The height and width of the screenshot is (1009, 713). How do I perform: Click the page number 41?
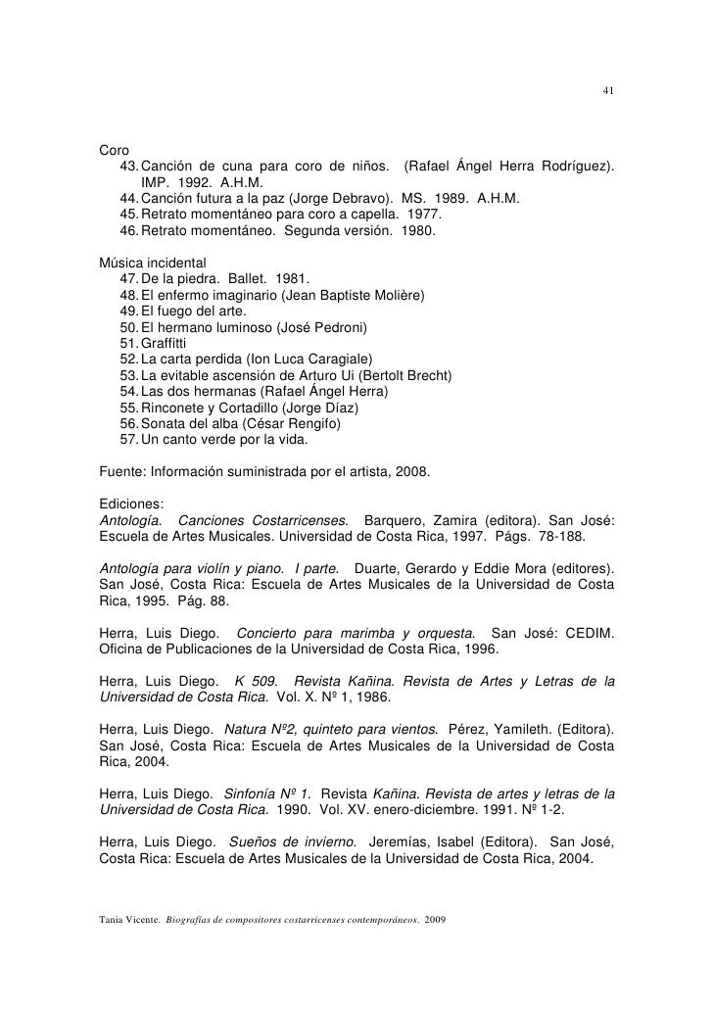click(x=607, y=93)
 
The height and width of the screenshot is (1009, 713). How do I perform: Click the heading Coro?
click(x=116, y=151)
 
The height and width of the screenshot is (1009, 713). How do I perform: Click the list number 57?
click(x=128, y=440)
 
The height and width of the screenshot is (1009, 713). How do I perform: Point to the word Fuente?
click(x=123, y=471)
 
